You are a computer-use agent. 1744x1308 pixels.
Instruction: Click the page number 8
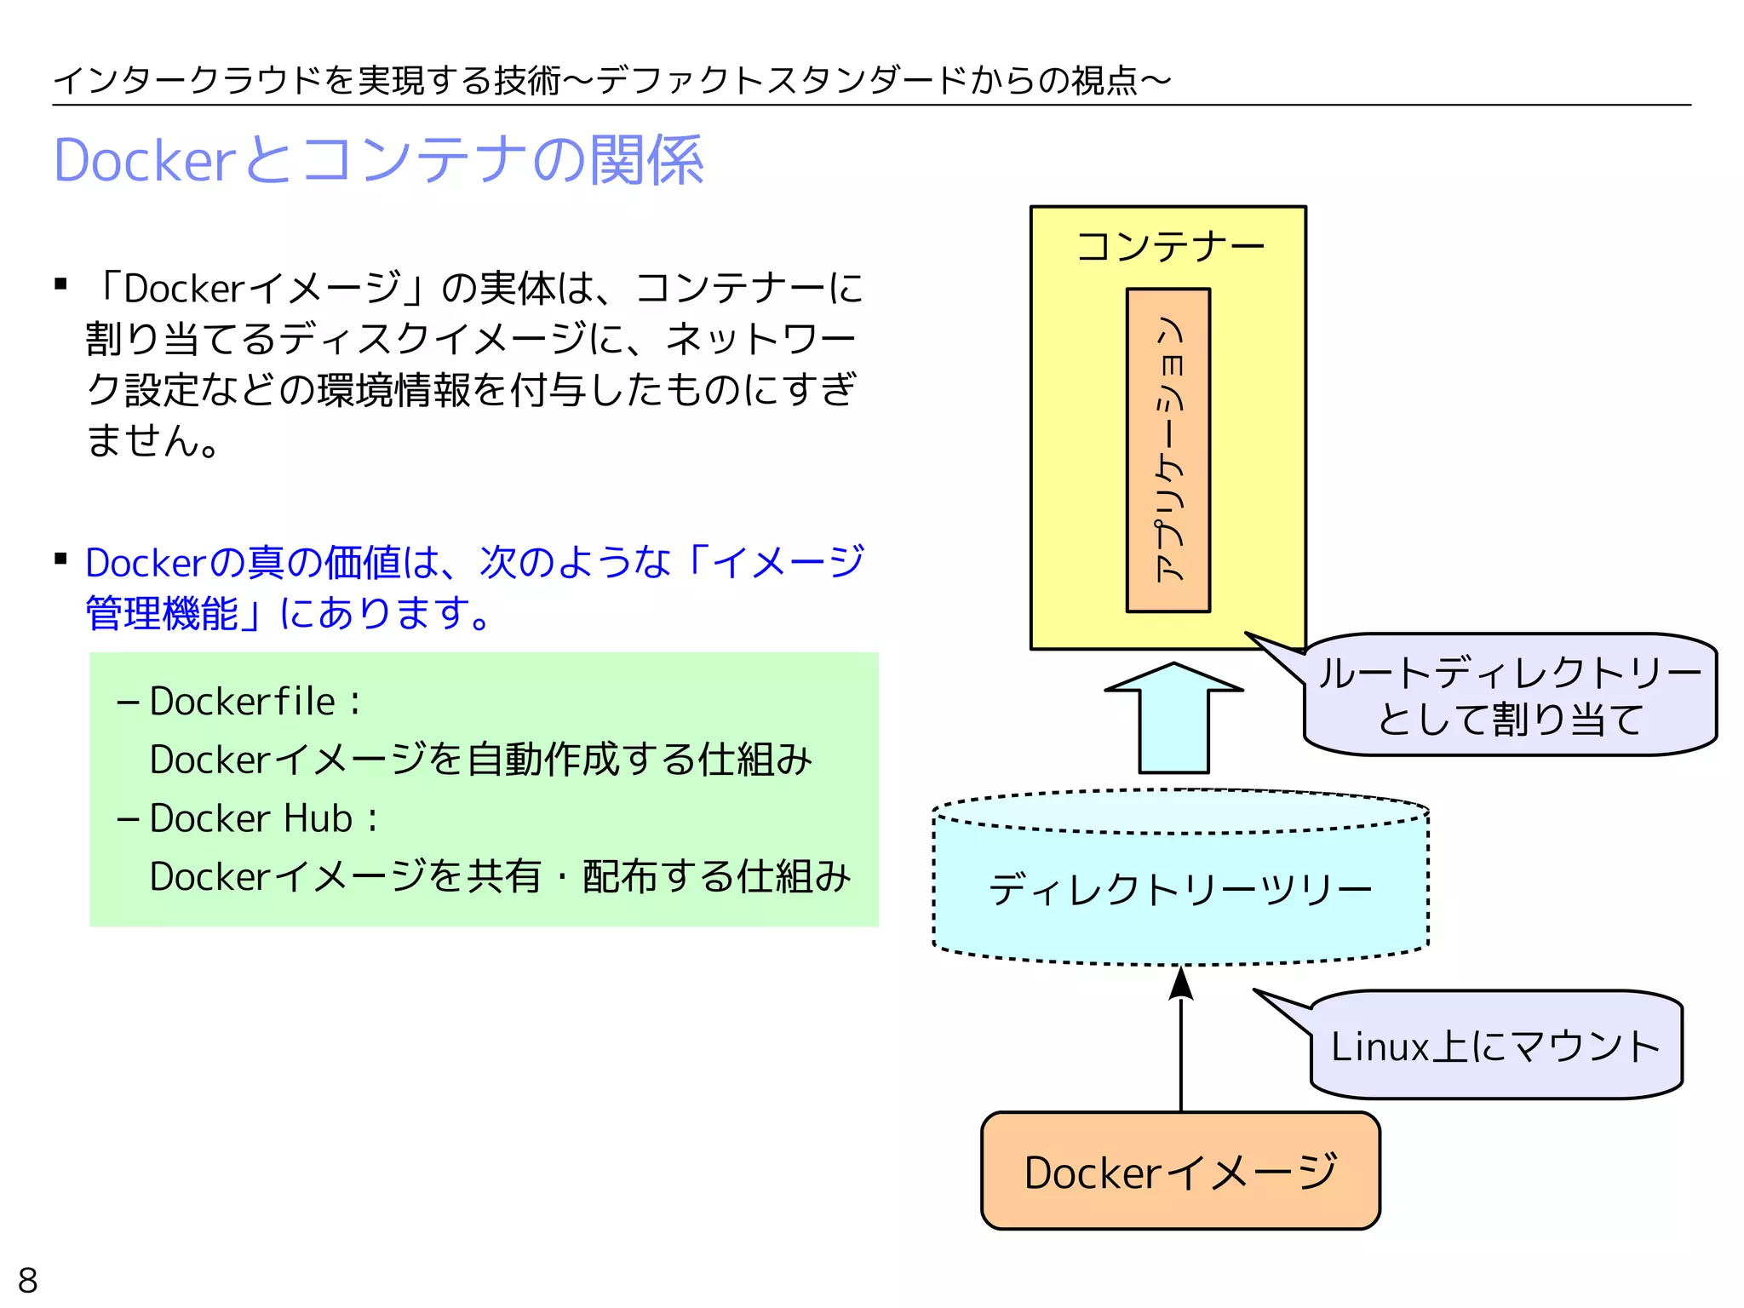coord(28,1280)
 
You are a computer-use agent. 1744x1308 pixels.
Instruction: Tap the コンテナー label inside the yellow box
coord(1170,247)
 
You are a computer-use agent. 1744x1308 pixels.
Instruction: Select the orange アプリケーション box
coord(1168,450)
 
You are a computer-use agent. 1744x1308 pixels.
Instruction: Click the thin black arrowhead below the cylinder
coord(1180,984)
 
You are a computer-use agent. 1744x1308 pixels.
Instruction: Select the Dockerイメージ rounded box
coord(1180,1171)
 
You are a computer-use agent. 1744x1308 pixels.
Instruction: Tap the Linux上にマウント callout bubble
coord(1495,1046)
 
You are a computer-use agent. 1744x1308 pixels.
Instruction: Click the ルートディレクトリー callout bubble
coord(1509,695)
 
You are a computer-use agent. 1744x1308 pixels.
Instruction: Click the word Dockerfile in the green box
coord(242,702)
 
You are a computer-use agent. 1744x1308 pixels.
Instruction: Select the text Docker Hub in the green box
coord(250,818)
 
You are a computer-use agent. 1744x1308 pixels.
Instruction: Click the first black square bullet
coord(60,284)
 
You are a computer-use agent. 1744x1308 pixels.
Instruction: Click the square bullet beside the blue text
coord(60,559)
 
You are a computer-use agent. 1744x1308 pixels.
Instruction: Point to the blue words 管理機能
coord(162,613)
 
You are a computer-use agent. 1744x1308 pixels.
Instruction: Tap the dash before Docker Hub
coord(128,819)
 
